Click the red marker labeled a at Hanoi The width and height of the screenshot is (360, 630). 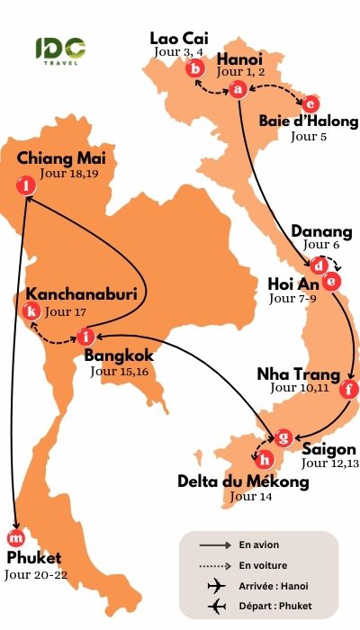(x=238, y=89)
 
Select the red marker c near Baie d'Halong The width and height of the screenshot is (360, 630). (x=310, y=103)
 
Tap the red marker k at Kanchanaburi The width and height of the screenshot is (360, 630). (x=33, y=311)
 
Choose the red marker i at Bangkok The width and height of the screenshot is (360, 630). (x=85, y=337)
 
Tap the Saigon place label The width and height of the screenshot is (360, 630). (x=329, y=449)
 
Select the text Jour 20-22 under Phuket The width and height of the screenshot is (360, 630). (x=35, y=574)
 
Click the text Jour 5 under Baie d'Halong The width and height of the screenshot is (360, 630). (x=309, y=137)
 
